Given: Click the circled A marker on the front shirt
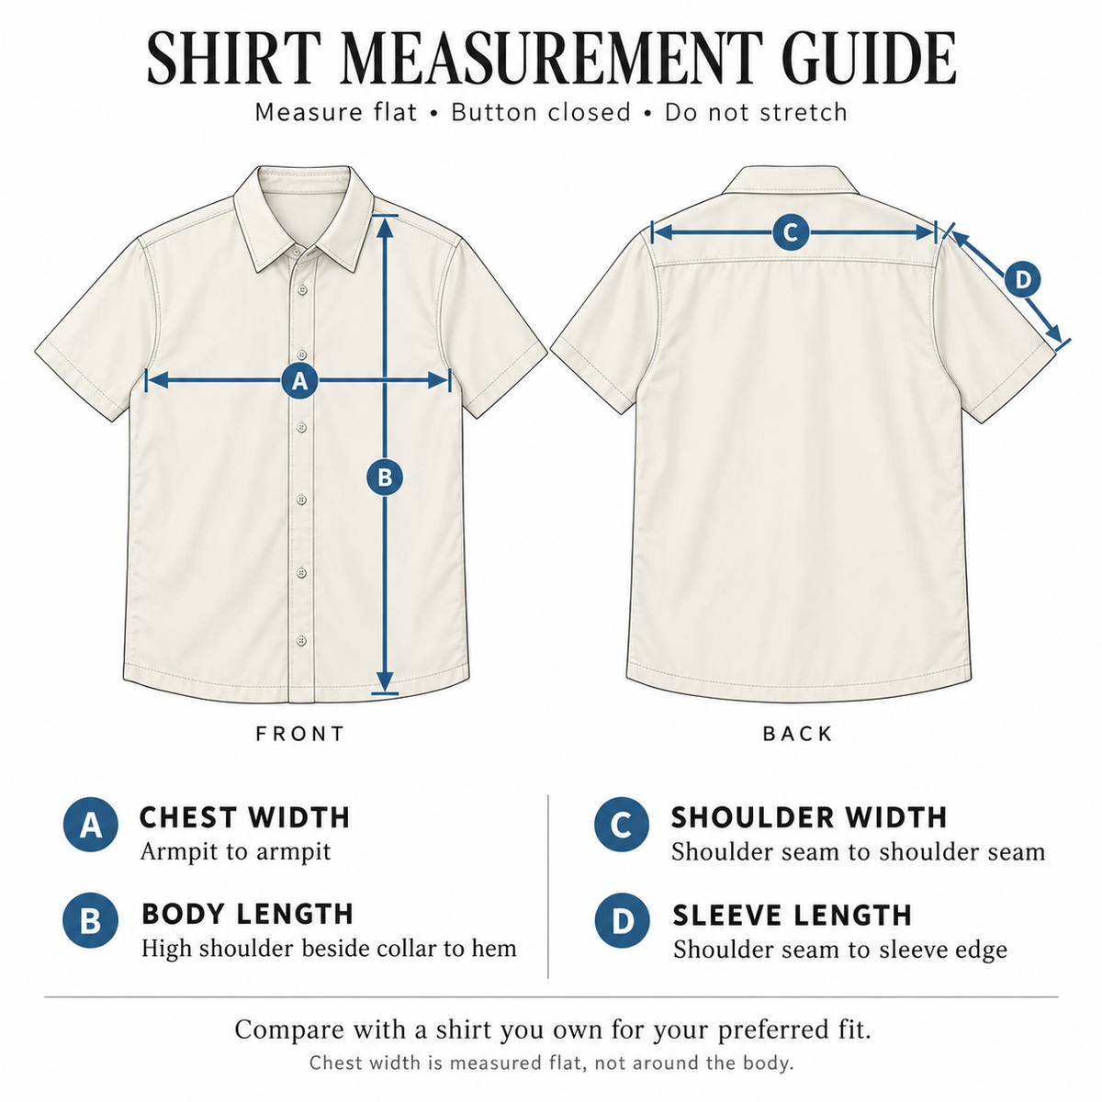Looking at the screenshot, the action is pyautogui.click(x=299, y=380).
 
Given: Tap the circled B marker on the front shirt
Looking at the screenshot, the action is pyautogui.click(x=385, y=478).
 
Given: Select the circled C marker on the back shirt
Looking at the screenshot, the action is pyautogui.click(x=791, y=232).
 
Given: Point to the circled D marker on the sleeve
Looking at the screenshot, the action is pyautogui.click(x=1022, y=280).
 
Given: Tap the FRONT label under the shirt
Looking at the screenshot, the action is pyautogui.click(x=300, y=734).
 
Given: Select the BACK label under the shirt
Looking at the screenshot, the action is pyautogui.click(x=798, y=734).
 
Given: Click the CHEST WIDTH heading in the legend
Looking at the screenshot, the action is pyautogui.click(x=245, y=817).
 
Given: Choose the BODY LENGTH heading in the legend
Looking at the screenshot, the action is pyautogui.click(x=248, y=913).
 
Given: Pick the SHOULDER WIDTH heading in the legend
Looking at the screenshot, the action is pyautogui.click(x=809, y=817).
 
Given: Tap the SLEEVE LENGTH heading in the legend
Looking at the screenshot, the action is pyautogui.click(x=792, y=915).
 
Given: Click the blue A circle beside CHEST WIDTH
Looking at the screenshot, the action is pyautogui.click(x=91, y=825).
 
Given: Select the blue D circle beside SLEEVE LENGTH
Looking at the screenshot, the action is pyautogui.click(x=623, y=921).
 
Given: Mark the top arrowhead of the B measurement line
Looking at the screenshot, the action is pyautogui.click(x=385, y=228).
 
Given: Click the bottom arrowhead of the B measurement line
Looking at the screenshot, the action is pyautogui.click(x=385, y=681).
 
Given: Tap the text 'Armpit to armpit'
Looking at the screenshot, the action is pyautogui.click(x=236, y=852).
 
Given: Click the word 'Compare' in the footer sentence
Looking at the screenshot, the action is pyautogui.click(x=289, y=1030).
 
